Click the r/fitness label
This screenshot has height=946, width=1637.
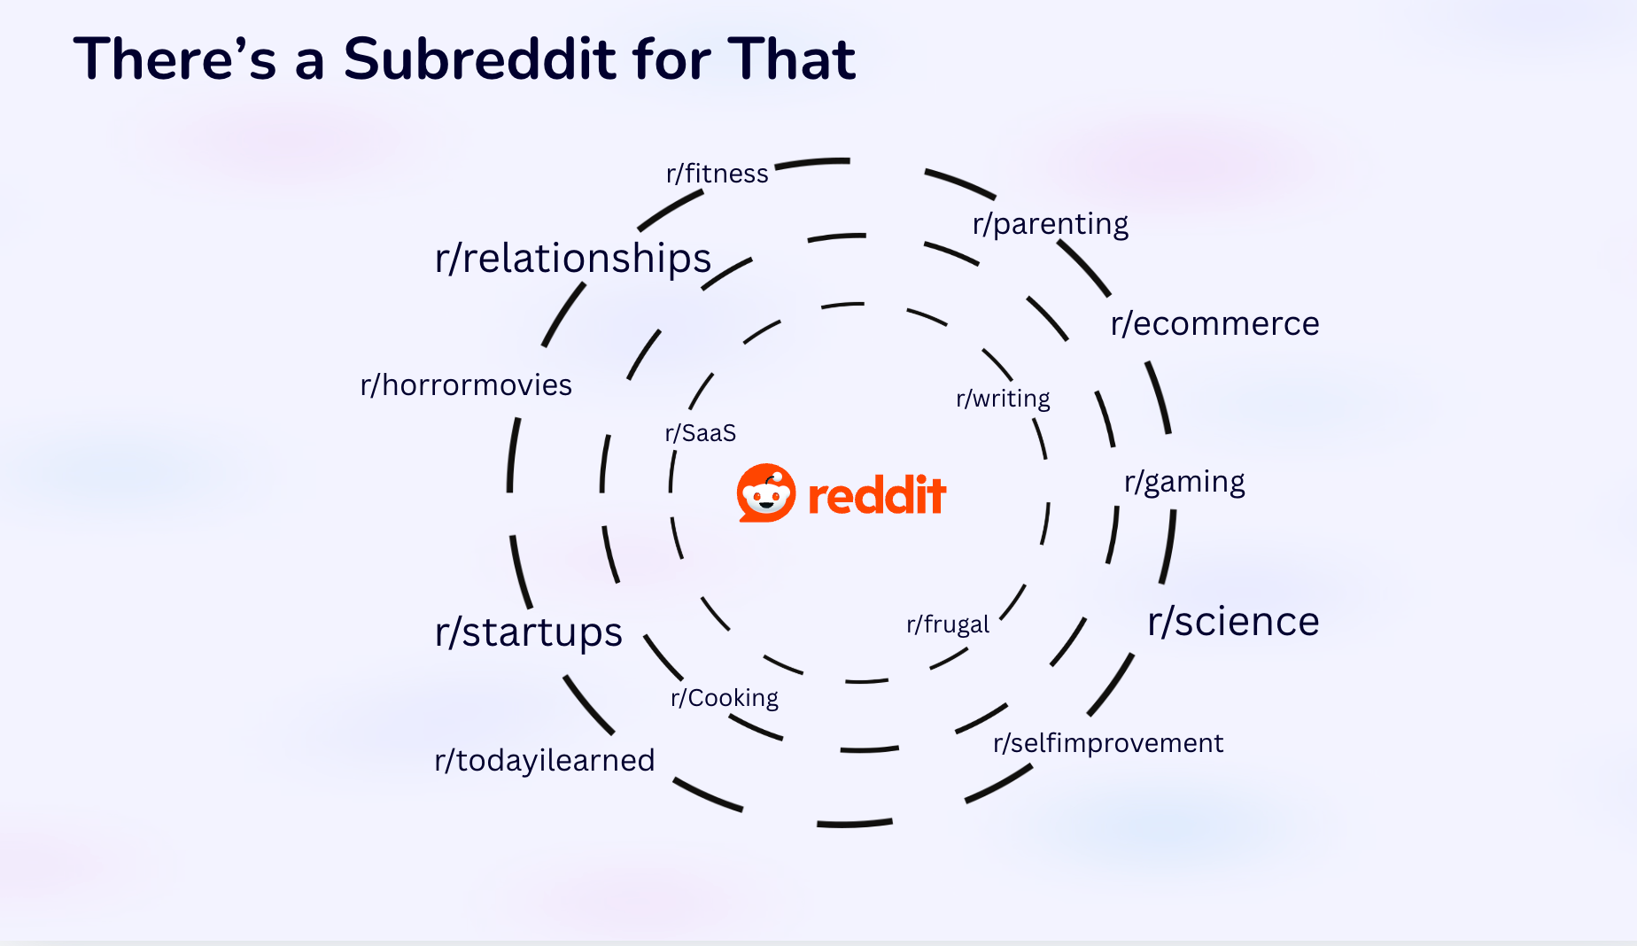(x=717, y=174)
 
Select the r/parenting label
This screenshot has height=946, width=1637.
(x=1050, y=224)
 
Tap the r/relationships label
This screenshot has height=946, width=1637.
(x=572, y=259)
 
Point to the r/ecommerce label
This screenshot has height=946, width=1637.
(x=1214, y=324)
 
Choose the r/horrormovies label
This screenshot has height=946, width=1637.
(x=466, y=385)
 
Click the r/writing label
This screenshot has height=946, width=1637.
(x=1003, y=399)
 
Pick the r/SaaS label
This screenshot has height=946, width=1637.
(x=701, y=433)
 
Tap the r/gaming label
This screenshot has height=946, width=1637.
(x=1184, y=483)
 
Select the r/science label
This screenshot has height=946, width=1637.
(x=1233, y=622)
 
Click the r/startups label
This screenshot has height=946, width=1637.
(x=528, y=632)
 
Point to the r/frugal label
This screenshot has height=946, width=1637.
(x=947, y=624)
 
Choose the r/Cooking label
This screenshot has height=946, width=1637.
(x=724, y=698)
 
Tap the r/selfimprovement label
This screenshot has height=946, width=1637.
(x=1107, y=743)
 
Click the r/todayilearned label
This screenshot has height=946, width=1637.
(x=544, y=760)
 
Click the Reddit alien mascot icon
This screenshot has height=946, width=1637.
(x=766, y=493)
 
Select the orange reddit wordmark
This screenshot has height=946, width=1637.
(x=877, y=495)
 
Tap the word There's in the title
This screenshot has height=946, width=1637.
(x=175, y=59)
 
